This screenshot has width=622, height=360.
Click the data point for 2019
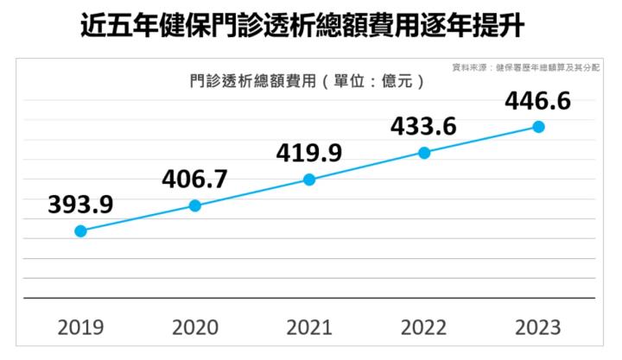click(x=80, y=231)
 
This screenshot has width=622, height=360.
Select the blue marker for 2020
click(x=195, y=205)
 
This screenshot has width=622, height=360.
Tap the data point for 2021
click(x=309, y=180)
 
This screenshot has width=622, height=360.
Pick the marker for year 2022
click(x=424, y=153)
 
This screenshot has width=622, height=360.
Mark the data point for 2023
click(x=539, y=126)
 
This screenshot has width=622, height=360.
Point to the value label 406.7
click(x=194, y=179)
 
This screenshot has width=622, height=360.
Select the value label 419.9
click(x=309, y=153)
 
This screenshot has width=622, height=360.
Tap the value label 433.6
click(x=423, y=127)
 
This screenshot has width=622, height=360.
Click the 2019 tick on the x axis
click(x=80, y=327)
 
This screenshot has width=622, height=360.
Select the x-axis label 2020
click(x=195, y=327)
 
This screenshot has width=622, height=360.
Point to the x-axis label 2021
click(x=309, y=327)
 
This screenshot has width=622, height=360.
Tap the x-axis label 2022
click(x=424, y=327)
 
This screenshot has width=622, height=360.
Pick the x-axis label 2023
click(x=537, y=327)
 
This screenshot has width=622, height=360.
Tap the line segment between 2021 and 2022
click(x=367, y=166)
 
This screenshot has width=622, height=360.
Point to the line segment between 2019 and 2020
click(x=138, y=218)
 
